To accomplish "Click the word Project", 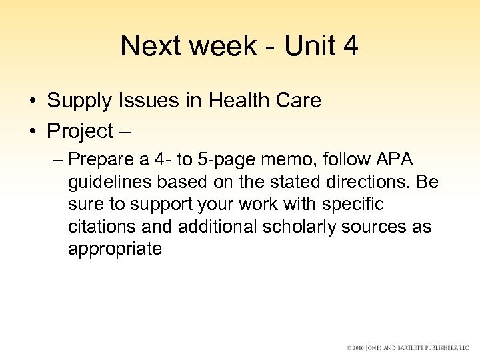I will (81, 131).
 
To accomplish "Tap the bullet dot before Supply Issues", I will (32, 101).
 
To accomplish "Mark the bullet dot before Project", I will (32, 132).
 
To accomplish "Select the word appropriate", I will (115, 249).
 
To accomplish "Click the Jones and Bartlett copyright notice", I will (408, 349).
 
